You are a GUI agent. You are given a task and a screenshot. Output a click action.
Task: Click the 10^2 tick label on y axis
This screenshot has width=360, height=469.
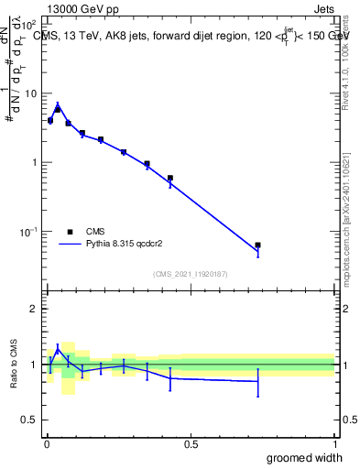pos(28,25)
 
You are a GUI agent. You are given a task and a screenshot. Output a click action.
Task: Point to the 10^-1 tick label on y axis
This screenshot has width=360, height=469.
pos(28,231)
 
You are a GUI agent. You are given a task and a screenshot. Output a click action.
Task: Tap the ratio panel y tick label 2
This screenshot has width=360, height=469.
pos(33,309)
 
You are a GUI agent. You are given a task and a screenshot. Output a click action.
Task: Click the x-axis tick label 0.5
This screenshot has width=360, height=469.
pos(191,443)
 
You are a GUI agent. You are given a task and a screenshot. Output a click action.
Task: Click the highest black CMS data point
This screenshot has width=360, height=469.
pos(58,109)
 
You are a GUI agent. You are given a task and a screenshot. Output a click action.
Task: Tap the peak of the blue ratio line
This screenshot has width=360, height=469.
pos(58,348)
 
